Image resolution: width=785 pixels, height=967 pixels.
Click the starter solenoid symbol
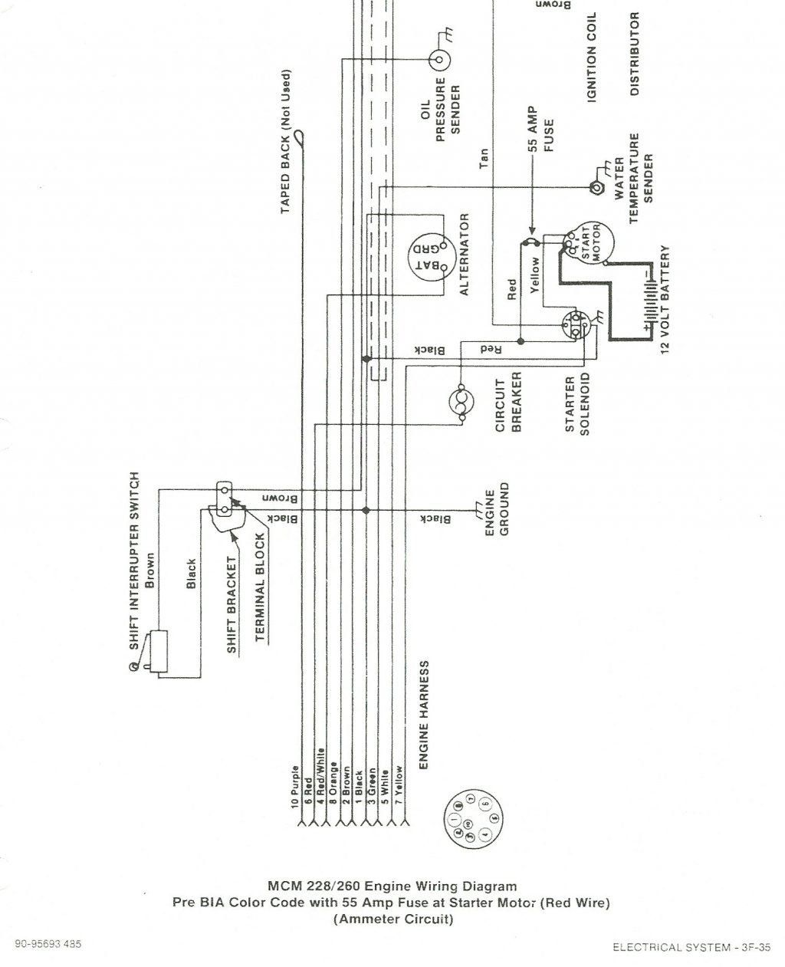[574, 325]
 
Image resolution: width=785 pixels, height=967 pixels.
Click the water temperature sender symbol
[593, 186]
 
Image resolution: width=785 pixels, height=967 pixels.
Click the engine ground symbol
[477, 509]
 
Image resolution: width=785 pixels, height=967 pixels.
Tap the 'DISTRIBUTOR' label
[634, 54]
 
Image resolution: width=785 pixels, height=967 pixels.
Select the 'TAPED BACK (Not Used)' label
[286, 143]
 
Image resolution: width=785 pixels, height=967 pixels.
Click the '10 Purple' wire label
[295, 788]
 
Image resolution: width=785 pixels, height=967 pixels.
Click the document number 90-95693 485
[47, 943]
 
